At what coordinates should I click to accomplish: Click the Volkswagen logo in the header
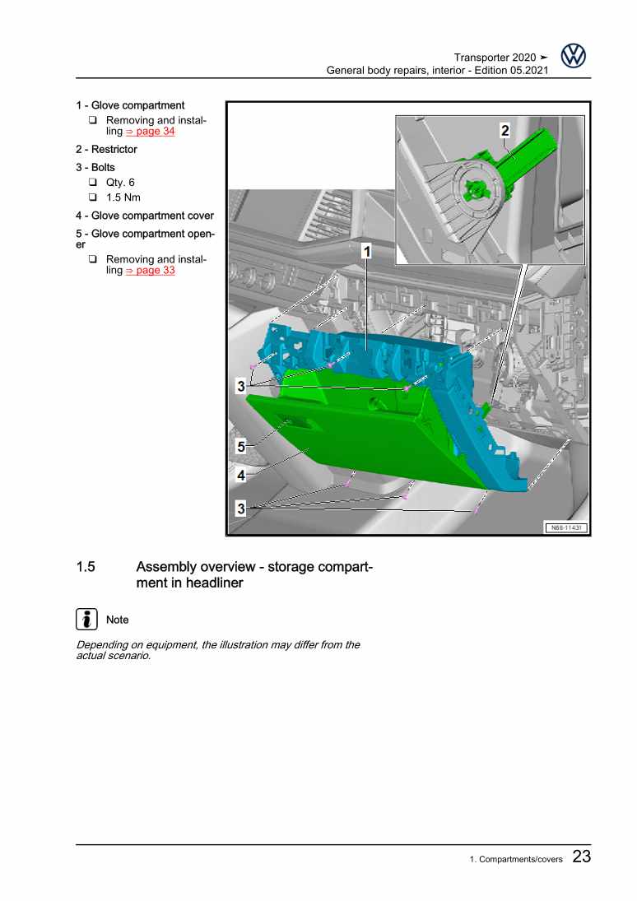tap(573, 56)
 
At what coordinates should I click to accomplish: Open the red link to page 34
tap(150, 131)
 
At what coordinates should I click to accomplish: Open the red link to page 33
tap(150, 270)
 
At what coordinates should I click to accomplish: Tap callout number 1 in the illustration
tap(366, 251)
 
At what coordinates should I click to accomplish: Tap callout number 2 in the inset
tap(504, 131)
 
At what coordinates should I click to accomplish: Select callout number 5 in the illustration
tap(241, 447)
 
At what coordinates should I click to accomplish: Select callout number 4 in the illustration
tap(241, 476)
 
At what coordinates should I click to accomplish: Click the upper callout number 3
tap(241, 386)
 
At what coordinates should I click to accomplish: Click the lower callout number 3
tap(241, 509)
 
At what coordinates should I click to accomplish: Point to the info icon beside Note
tap(86, 619)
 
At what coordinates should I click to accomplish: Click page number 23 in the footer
tap(582, 857)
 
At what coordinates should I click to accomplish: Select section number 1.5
tap(86, 567)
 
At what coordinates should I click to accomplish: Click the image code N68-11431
tap(566, 527)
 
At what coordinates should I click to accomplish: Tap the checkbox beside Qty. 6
tap(92, 182)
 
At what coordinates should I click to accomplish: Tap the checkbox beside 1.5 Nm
tap(92, 197)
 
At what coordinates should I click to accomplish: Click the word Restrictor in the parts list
tap(114, 150)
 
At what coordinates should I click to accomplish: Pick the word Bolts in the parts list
tap(103, 167)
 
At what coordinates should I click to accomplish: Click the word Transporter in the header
tap(481, 58)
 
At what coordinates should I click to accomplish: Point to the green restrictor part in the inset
tap(518, 156)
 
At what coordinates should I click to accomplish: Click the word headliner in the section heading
tap(216, 583)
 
